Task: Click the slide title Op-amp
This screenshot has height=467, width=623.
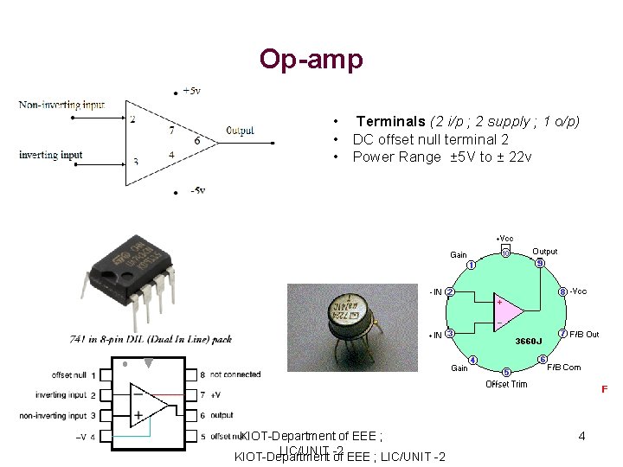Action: (x=311, y=59)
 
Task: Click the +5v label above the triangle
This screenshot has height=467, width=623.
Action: (x=191, y=90)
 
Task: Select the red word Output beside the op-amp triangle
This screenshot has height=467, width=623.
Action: (x=240, y=131)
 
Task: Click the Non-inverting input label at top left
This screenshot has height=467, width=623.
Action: (x=61, y=105)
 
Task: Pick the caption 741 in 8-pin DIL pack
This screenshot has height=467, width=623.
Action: (x=151, y=339)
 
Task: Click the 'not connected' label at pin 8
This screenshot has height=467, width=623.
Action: (x=235, y=374)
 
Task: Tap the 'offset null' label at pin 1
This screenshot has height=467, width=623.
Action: (x=68, y=375)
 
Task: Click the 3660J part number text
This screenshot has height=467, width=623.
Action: (x=530, y=341)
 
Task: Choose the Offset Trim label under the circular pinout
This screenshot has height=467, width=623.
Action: (x=506, y=384)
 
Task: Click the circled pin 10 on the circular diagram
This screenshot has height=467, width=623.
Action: (x=505, y=253)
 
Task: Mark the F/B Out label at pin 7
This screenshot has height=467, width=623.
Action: (x=584, y=334)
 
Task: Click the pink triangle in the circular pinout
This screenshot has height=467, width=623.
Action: (x=508, y=313)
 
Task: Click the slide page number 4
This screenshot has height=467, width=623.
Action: (x=581, y=436)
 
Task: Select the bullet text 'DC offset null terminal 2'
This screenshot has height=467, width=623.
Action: (x=430, y=139)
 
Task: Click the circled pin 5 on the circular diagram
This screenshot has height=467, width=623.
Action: (x=506, y=372)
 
